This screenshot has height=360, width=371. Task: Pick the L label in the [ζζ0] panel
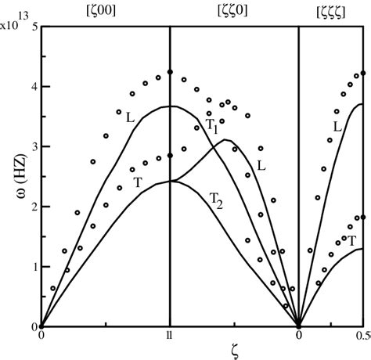click(x=261, y=166)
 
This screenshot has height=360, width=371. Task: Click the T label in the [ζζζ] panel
click(x=351, y=241)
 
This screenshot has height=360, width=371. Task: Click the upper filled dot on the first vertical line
click(x=170, y=72)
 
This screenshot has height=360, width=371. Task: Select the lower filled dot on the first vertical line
click(x=170, y=155)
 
